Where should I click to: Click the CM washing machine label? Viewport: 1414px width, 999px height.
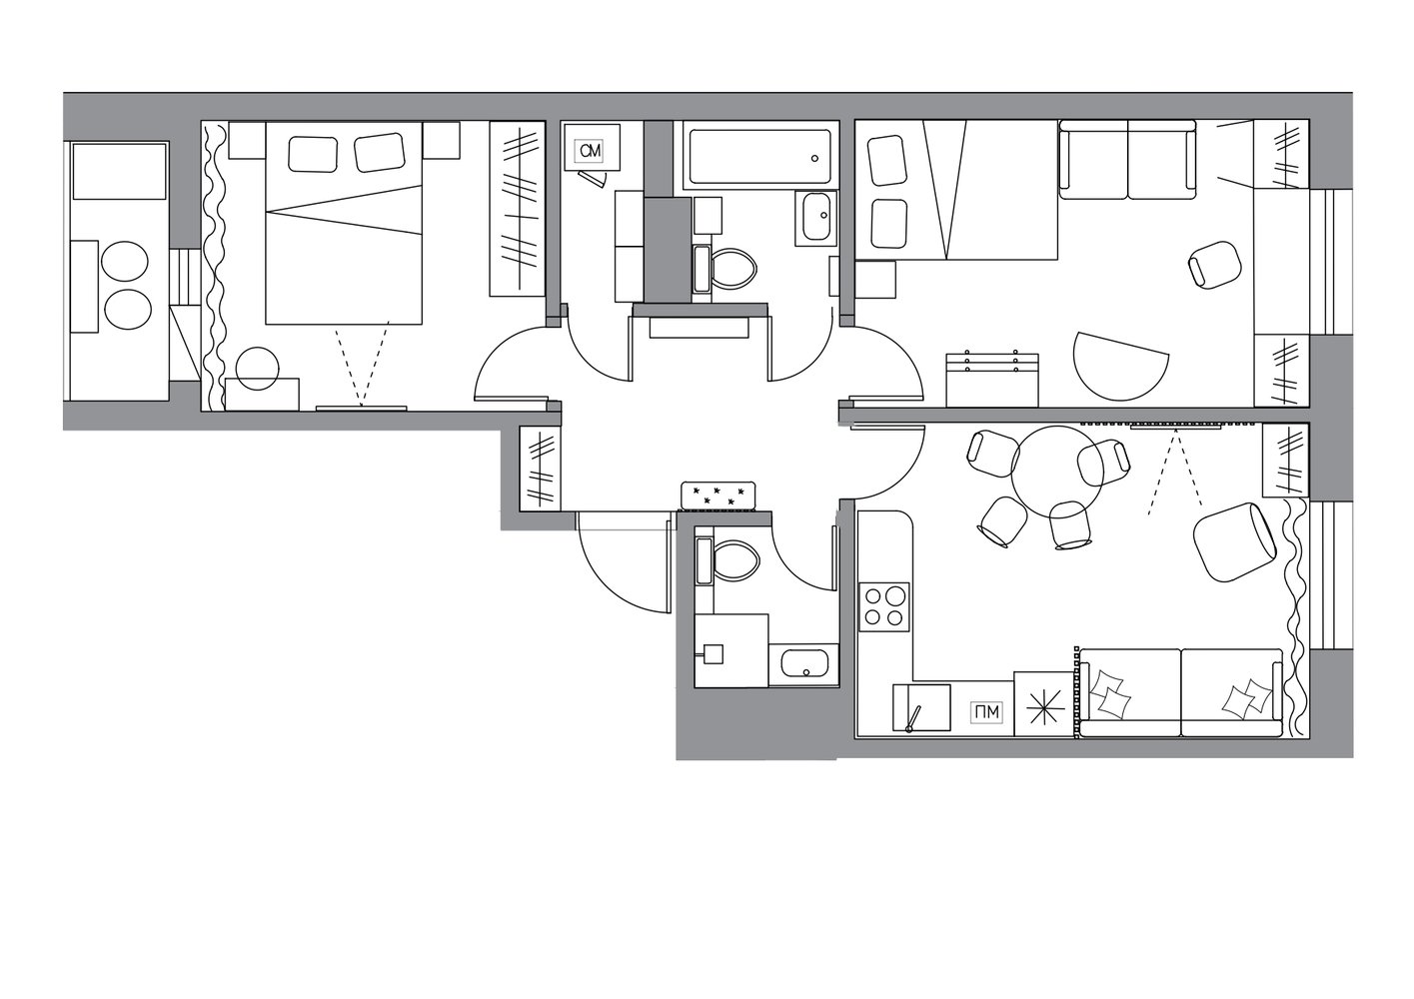[x=591, y=150]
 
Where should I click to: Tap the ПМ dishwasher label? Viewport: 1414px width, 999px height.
[x=985, y=712]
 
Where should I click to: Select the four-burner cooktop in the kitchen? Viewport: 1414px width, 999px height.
[x=884, y=606]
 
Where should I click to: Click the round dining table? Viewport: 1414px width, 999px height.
[x=1057, y=473]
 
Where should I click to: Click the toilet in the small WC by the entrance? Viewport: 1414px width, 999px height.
[x=727, y=561]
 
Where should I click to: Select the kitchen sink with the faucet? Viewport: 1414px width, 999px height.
[x=921, y=708]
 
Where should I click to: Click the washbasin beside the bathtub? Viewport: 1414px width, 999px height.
[x=815, y=218]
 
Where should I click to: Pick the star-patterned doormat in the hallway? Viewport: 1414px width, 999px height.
[x=718, y=496]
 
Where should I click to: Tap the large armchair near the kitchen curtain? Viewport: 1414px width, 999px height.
[x=1234, y=541]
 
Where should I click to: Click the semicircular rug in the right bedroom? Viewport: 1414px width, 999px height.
[x=1118, y=365]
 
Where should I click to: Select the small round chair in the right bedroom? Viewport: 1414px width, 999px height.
[x=1214, y=265]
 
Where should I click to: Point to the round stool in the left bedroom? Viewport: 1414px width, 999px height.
[x=257, y=369]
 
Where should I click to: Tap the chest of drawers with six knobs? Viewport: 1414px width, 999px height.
[x=992, y=380]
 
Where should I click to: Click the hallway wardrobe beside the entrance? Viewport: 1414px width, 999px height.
[x=541, y=469]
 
